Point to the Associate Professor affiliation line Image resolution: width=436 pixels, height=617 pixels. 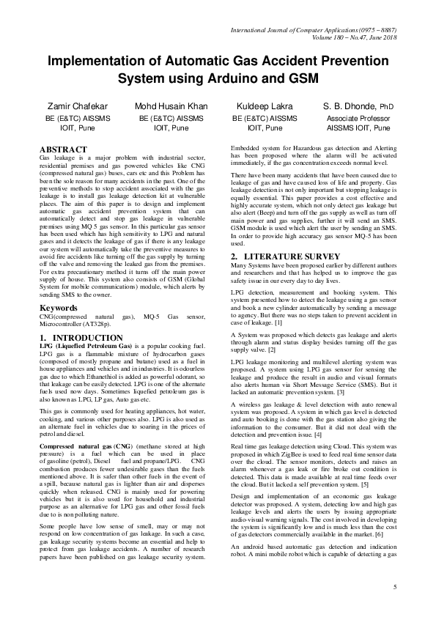click(358, 117)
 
